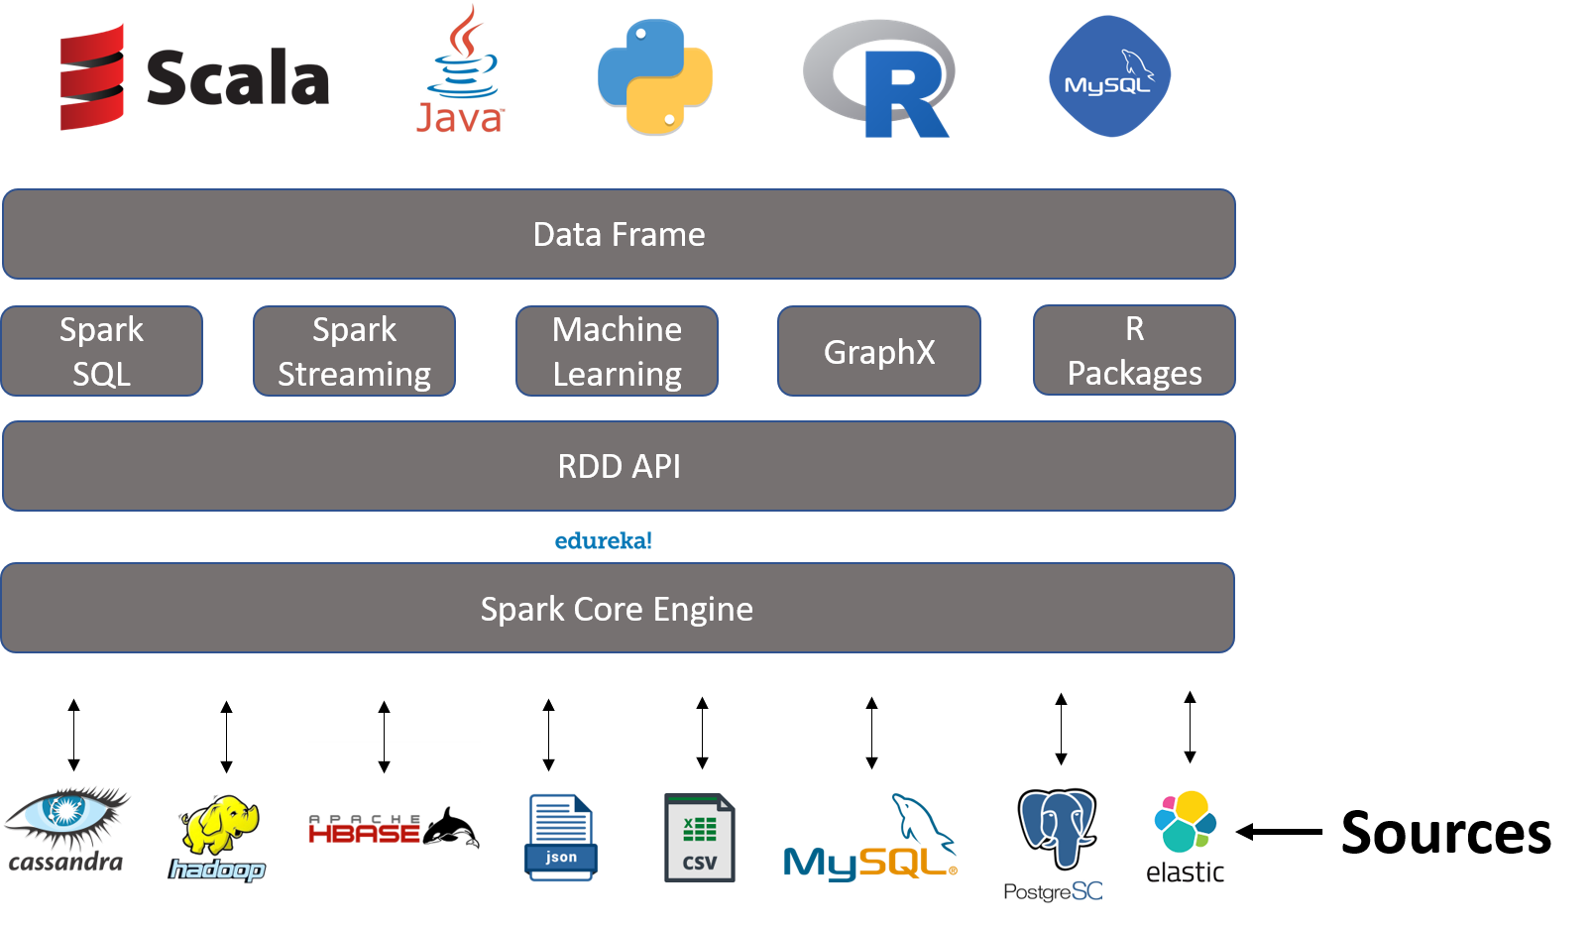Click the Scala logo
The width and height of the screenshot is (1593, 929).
coord(193,77)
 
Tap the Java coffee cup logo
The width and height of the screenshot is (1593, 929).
coord(461,69)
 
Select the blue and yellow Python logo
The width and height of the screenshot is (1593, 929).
coord(655,77)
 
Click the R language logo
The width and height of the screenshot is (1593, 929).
coord(880,79)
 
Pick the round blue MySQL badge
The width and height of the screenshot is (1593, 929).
coord(1109,76)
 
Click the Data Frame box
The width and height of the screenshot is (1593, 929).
coord(619,234)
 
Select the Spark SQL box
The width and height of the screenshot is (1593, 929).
coord(101,351)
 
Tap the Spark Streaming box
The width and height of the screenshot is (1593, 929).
coord(354,351)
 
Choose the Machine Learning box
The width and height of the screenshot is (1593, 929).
coord(617,351)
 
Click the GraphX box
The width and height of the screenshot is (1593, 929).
coord(878,351)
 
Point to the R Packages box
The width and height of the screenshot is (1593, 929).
coord(1134,350)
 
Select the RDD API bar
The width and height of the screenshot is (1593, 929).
coord(619,466)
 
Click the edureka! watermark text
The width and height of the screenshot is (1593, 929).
coord(603,540)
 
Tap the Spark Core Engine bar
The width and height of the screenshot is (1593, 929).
coord(617,608)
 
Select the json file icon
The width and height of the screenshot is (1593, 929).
coord(560,838)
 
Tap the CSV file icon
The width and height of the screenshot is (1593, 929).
coord(699,838)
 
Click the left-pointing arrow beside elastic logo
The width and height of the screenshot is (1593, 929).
coord(1255,832)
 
